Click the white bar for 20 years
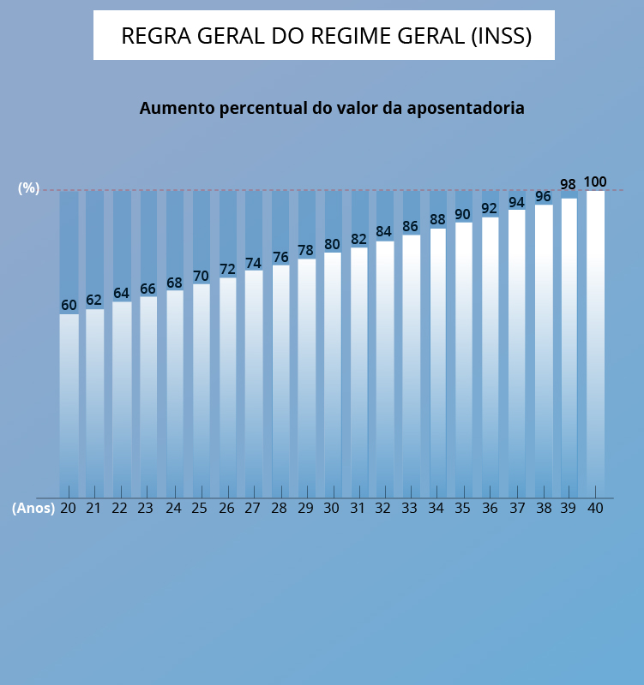point(69,402)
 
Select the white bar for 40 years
point(595,342)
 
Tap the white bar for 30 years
point(332,372)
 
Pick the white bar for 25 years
point(201,390)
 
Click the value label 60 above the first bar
point(69,306)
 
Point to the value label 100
point(595,182)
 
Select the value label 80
point(332,245)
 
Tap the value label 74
point(253,264)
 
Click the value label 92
point(490,208)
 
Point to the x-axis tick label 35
point(463,508)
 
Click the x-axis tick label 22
point(120,508)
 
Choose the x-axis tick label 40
point(595,508)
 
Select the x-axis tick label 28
point(279,508)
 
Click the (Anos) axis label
point(33,508)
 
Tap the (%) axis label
point(29,188)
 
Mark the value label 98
point(568,185)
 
